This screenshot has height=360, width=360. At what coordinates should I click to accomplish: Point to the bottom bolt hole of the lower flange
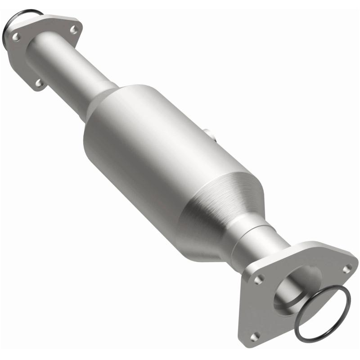(x=256, y=335)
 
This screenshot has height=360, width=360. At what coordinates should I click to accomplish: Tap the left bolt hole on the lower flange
(x=257, y=279)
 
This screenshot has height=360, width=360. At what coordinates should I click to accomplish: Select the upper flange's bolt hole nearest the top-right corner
(x=73, y=30)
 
